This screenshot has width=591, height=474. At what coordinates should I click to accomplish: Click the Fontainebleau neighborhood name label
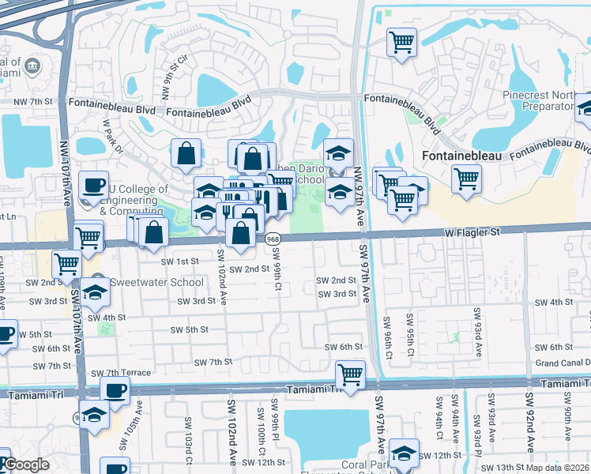462,156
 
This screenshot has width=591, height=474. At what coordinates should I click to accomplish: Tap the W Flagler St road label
472,232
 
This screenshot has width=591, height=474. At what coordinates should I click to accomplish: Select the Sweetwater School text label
145,282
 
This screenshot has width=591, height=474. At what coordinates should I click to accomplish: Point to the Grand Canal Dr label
563,363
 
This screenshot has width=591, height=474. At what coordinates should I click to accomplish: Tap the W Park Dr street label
113,137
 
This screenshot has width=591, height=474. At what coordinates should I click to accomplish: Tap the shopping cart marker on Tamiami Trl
349,373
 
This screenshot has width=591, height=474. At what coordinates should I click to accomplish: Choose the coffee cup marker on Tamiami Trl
115,389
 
